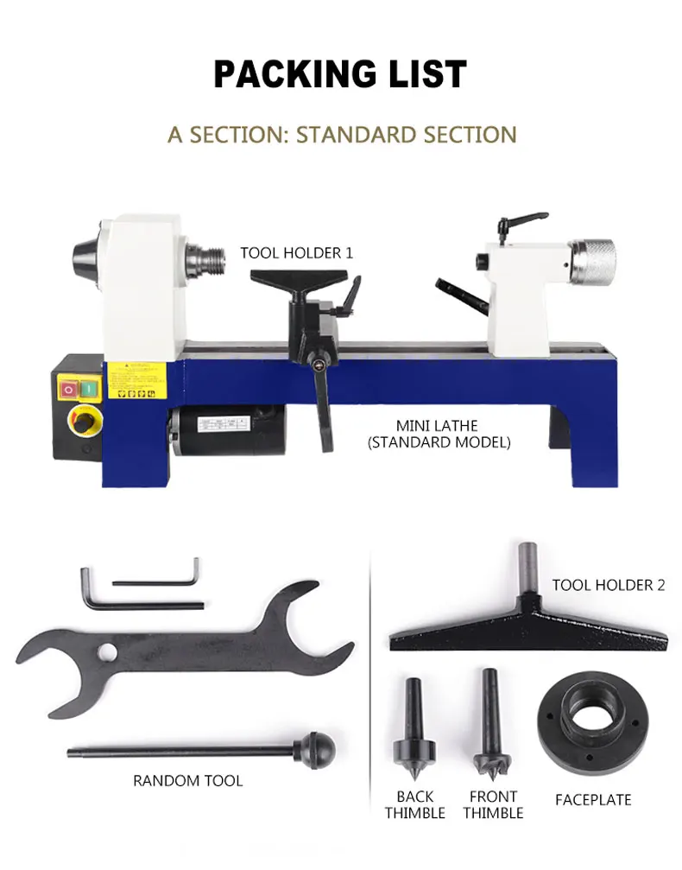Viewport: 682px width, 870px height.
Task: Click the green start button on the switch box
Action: pos(88,388)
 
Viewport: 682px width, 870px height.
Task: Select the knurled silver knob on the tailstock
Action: pos(593,256)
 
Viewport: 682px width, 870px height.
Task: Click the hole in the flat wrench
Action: pos(105,650)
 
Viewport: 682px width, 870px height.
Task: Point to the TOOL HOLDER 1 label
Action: pos(296,253)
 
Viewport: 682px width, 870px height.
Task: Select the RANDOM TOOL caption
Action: pos(187,781)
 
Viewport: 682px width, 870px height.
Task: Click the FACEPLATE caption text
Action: pos(593,800)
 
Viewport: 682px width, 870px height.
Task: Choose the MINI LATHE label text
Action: pos(437,426)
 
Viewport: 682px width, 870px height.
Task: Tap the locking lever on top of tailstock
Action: pos(523,221)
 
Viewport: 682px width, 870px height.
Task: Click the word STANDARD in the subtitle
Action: pos(357,135)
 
